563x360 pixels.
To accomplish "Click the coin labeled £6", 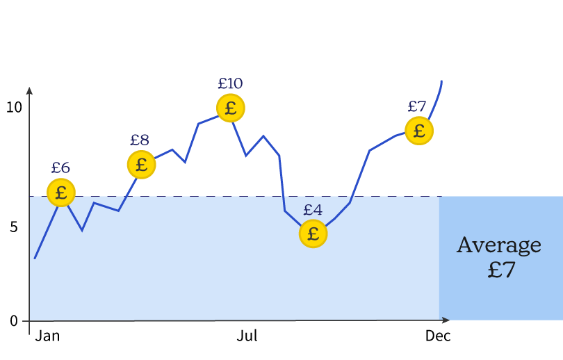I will (61, 192).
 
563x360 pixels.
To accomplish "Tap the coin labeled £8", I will (141, 165).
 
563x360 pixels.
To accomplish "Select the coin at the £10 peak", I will (231, 108).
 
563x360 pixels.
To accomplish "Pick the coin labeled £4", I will (313, 234).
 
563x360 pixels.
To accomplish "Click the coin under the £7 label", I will (419, 131).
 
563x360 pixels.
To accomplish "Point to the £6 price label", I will (60, 168).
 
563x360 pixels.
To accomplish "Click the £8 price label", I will (140, 140).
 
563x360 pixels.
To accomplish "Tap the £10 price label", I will (230, 84).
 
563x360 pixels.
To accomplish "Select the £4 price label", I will (313, 210).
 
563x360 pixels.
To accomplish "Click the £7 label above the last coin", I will (416, 107).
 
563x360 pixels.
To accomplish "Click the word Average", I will (499, 245).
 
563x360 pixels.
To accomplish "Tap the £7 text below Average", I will (501, 270).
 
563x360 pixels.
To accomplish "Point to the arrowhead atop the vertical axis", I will (29, 90).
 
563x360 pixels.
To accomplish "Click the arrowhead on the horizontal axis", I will (446, 320).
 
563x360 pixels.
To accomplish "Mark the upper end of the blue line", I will (441, 82).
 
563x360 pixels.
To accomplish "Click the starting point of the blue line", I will (35, 258).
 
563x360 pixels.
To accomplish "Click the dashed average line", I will (209, 197).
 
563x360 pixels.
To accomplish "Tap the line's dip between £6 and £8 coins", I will (82, 230).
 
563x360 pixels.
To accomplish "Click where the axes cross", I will (29, 320).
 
